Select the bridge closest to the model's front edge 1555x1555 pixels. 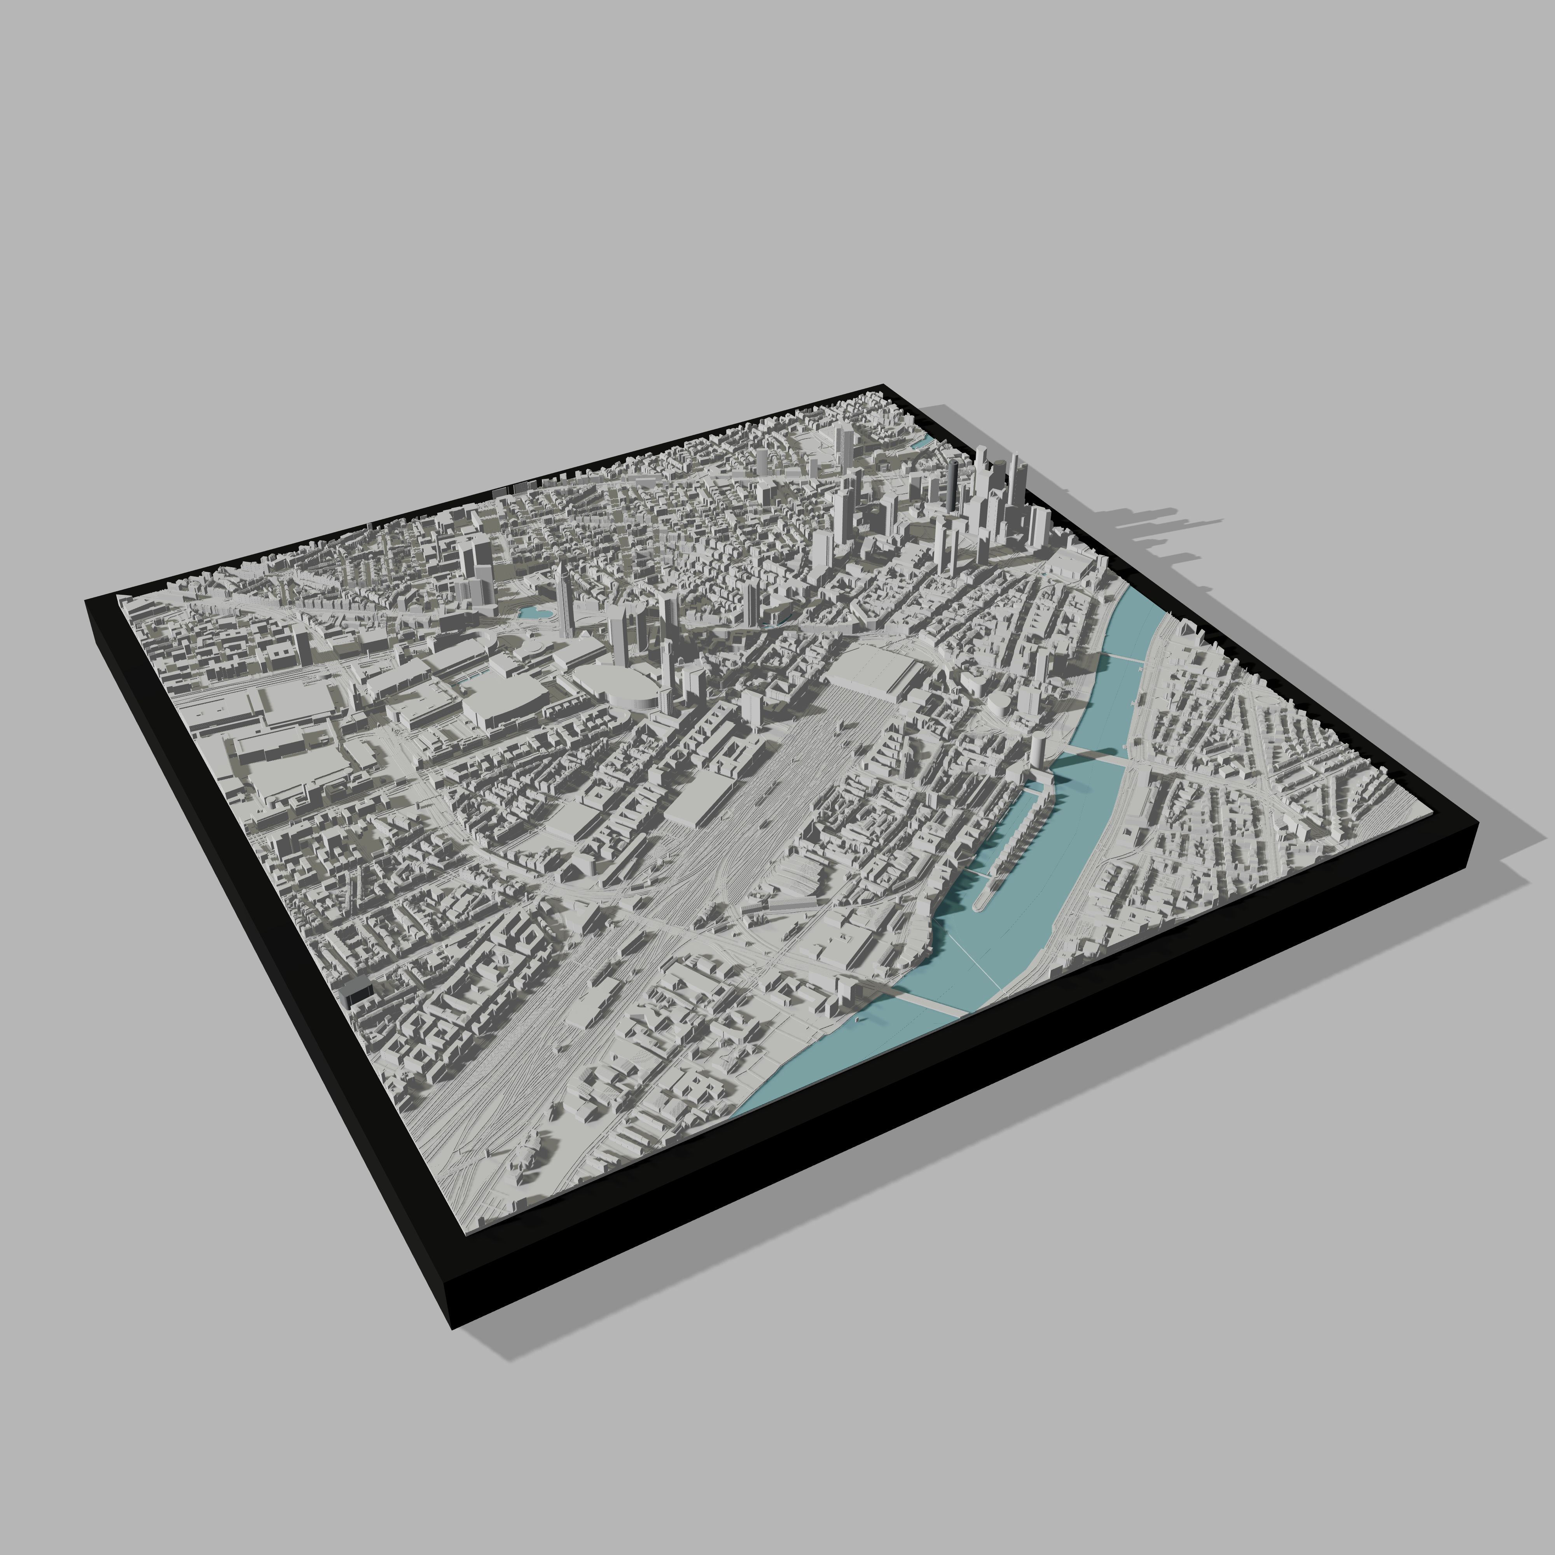tap(926, 1002)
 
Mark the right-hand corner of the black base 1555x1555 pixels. tap(1478, 829)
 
